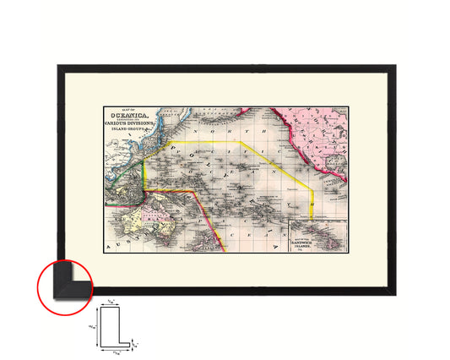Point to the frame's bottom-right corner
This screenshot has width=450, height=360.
click(391, 292)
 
